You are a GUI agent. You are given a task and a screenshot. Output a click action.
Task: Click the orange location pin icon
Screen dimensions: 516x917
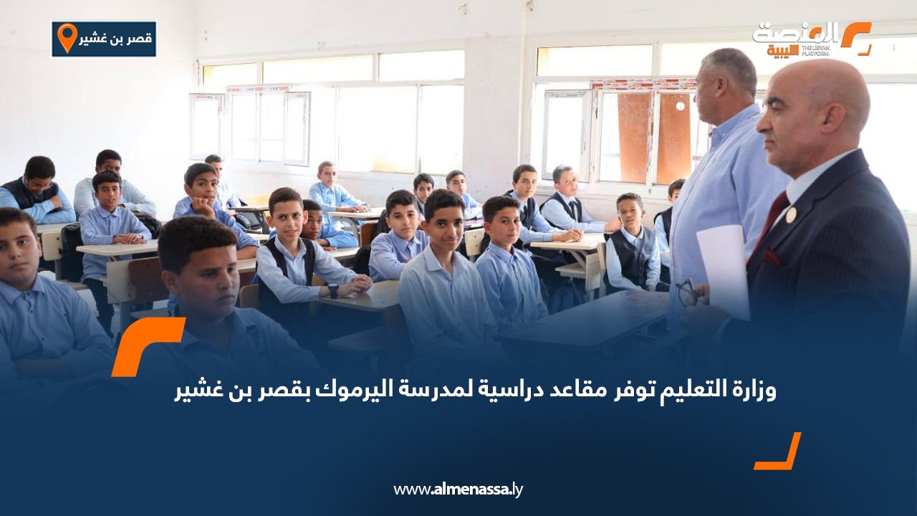[67, 37]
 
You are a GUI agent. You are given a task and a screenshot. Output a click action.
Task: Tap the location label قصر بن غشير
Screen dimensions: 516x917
[114, 39]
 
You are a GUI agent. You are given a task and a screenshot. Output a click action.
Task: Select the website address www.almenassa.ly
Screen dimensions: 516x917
[458, 489]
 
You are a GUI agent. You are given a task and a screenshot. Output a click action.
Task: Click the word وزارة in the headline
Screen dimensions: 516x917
[756, 391]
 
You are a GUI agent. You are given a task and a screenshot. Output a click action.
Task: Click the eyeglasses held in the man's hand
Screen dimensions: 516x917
[686, 291]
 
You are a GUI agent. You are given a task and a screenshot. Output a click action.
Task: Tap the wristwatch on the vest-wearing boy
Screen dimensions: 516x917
[333, 290]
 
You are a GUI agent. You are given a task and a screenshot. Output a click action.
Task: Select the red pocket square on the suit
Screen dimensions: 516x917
[773, 256]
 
